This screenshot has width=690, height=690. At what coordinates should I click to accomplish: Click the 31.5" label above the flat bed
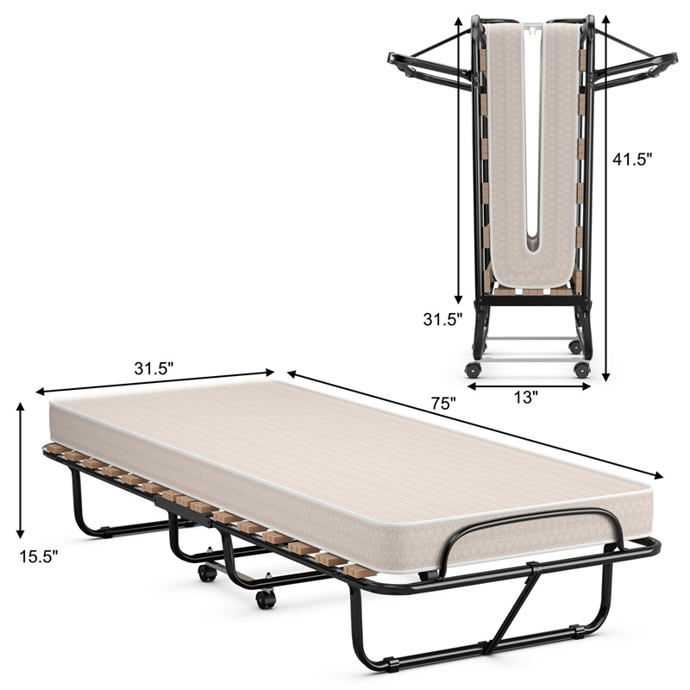click(x=154, y=367)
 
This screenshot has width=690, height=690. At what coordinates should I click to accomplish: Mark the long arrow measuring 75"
click(x=474, y=423)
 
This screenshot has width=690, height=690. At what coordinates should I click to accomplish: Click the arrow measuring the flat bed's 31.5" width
click(x=155, y=383)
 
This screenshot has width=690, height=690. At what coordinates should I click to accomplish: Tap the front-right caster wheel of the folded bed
click(x=582, y=369)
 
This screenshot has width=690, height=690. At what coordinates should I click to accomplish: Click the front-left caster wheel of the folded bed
click(x=472, y=368)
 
